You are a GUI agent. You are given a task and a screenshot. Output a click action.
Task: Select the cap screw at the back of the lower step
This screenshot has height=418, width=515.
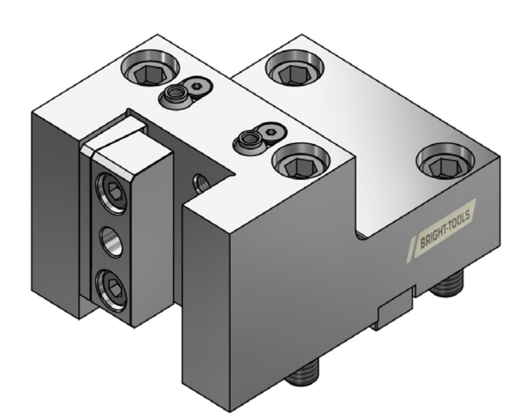(294, 68)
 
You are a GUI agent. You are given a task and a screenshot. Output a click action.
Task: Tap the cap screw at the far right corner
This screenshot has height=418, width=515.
(445, 161)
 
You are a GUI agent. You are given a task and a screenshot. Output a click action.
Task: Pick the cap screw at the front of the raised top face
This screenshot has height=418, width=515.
(301, 161)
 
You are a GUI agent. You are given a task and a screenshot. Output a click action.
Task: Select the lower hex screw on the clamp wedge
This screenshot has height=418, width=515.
(111, 289)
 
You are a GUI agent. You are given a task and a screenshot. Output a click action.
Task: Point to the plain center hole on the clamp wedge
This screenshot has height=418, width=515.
(111, 241)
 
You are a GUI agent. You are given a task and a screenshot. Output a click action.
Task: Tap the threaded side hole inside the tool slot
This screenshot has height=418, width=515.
(202, 184)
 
